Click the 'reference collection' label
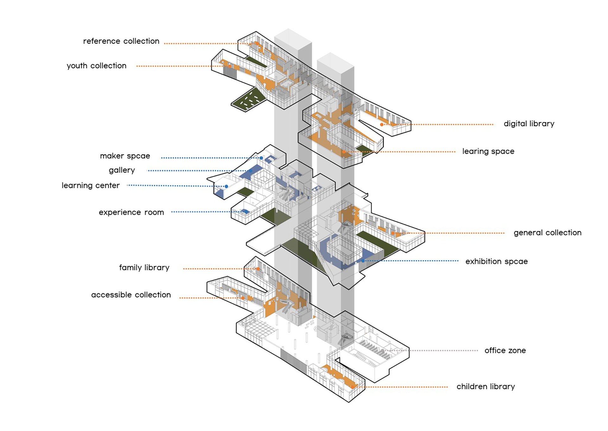click(x=121, y=41)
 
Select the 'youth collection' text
click(x=97, y=66)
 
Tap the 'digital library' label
click(x=529, y=124)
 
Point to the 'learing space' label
click(x=488, y=151)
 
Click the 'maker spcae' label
click(x=125, y=156)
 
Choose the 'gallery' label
click(x=122, y=171)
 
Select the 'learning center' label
click(x=91, y=186)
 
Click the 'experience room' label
click(x=131, y=212)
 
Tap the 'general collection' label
click(x=548, y=233)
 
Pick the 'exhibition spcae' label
click(x=497, y=261)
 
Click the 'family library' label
click(x=144, y=268)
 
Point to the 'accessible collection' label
click(x=131, y=295)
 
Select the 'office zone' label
click(x=505, y=350)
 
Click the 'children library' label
click(x=486, y=387)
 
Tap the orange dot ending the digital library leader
click(x=382, y=125)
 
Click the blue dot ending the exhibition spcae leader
click(x=363, y=261)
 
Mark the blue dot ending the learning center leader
click(x=226, y=186)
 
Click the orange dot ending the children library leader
click(x=352, y=387)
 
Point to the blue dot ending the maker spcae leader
click(x=261, y=158)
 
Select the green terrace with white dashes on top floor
click(x=249, y=99)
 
